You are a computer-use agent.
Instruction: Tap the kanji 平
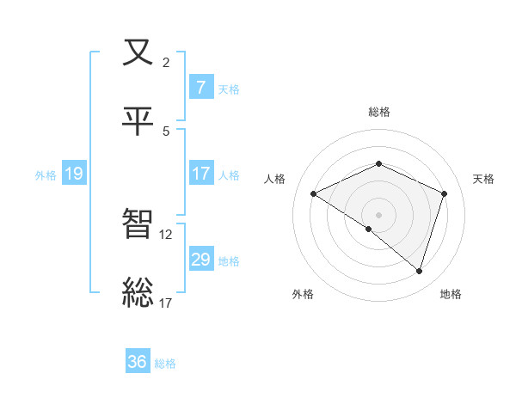pos(138,120)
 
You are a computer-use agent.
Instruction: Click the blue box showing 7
pos(200,87)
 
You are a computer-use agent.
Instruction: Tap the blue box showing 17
pos(200,173)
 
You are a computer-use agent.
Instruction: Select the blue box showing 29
pos(200,259)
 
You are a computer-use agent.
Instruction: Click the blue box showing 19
pos(73,174)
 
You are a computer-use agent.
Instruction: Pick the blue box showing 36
pos(138,362)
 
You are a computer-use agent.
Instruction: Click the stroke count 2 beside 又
pos(165,62)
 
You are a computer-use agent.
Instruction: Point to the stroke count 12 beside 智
pos(166,234)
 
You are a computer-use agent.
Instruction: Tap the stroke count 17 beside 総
pos(166,302)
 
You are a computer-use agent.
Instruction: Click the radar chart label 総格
pos(379,112)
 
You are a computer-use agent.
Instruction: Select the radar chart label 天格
pos(484,179)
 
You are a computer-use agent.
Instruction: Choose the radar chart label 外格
pos(303,294)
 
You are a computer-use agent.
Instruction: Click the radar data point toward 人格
pos(314,194)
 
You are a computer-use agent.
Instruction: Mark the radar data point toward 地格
pos(419,272)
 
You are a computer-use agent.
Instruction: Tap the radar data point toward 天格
pos(445,193)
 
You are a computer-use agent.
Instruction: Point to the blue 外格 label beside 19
pos(46,174)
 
